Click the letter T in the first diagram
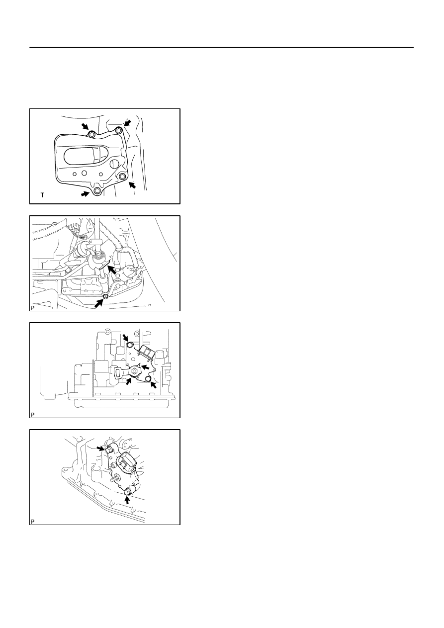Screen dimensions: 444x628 coord(42,195)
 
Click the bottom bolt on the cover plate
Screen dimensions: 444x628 coord(97,190)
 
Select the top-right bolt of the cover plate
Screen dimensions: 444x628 coord(119,131)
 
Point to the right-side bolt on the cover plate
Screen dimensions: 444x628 coord(122,177)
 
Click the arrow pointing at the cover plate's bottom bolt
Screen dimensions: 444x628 coord(85,193)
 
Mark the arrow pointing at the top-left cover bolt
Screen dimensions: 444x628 coord(85,126)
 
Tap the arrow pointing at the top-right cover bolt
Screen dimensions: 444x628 coord(128,123)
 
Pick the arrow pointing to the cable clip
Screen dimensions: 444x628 coord(112,270)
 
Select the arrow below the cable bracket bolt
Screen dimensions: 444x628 coord(99,303)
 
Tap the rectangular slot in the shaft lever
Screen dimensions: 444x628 coord(117,372)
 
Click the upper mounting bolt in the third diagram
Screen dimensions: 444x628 coord(130,345)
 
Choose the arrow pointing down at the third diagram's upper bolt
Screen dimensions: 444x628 coord(126,338)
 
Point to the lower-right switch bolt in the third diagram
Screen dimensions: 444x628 coord(148,379)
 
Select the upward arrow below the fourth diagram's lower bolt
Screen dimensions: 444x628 coord(128,500)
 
